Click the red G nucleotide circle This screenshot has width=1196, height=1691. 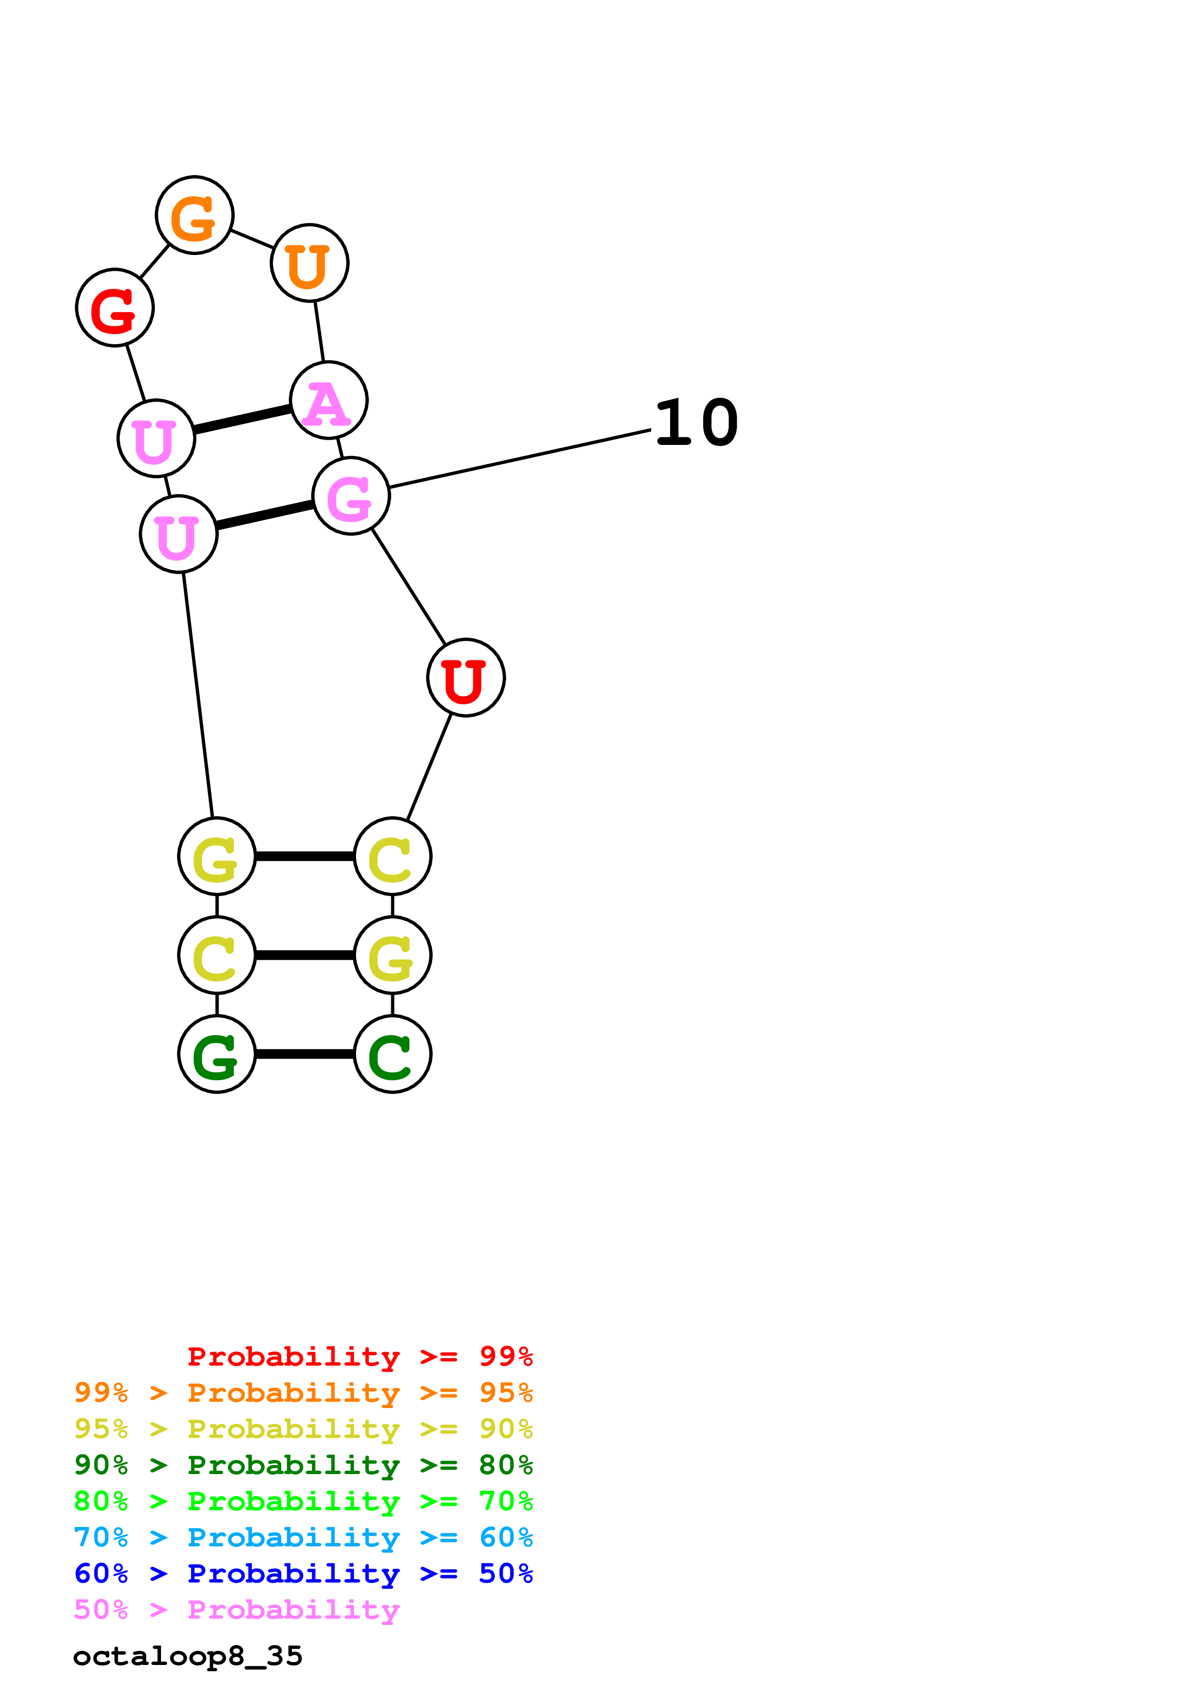click(x=114, y=307)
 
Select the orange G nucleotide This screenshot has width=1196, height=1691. click(x=194, y=215)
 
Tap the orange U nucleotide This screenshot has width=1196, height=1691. click(x=310, y=263)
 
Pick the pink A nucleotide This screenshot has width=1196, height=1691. click(x=329, y=401)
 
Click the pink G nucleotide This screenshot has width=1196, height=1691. click(x=351, y=496)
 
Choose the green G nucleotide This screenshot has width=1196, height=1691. click(x=217, y=1054)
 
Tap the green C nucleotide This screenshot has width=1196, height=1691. click(x=392, y=1054)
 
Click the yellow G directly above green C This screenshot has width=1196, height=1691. click(x=392, y=955)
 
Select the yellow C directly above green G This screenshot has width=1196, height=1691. click(x=217, y=955)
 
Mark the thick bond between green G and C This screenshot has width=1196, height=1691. click(x=304, y=1054)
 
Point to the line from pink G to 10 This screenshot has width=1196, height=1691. click(x=520, y=459)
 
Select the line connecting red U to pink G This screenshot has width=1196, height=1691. click(x=409, y=586)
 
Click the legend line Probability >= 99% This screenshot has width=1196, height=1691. click(x=359, y=1356)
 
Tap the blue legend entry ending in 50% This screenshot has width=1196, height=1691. click(x=303, y=1573)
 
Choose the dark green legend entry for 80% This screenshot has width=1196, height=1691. click(x=303, y=1465)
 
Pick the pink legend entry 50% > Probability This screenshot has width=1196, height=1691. click(x=236, y=1609)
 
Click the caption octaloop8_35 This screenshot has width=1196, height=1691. click(x=188, y=1656)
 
